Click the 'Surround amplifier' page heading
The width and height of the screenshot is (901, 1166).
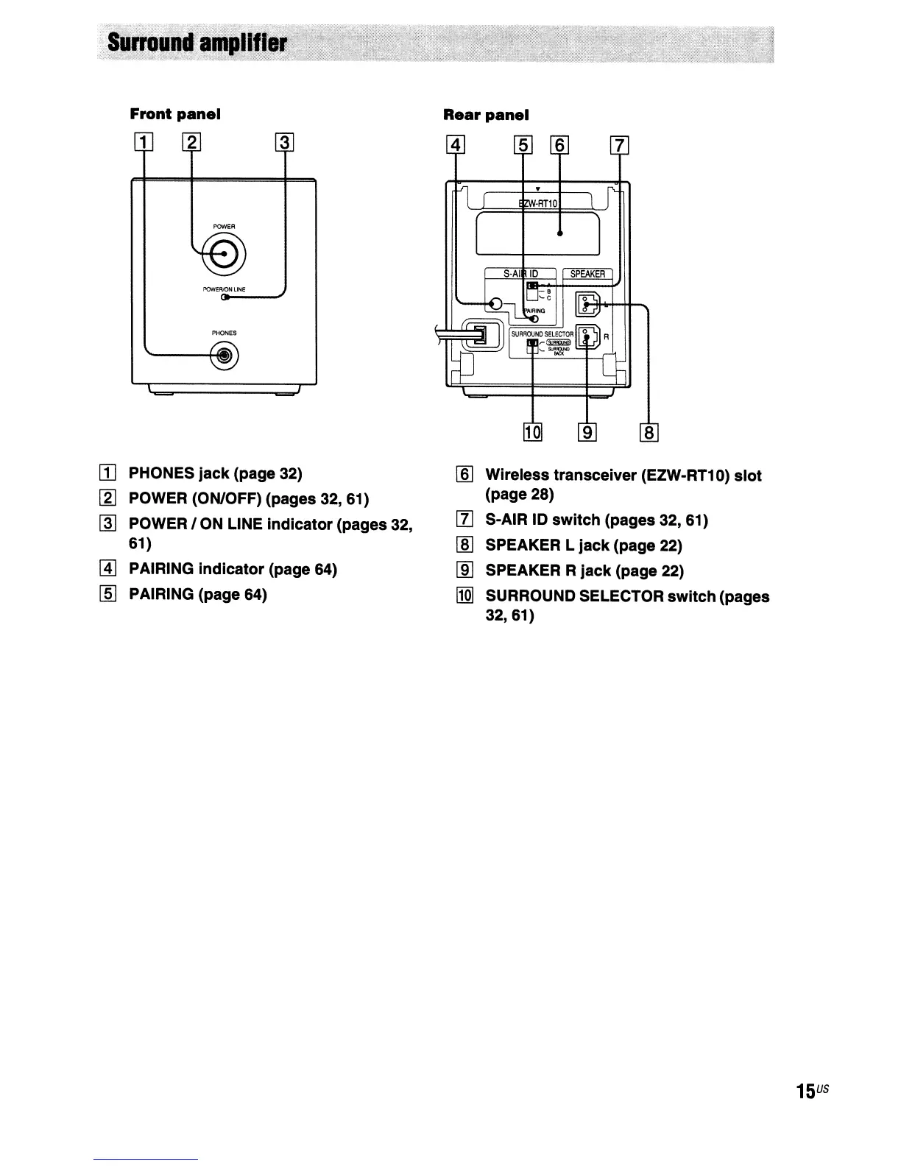[197, 43]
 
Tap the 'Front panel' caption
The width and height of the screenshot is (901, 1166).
[175, 114]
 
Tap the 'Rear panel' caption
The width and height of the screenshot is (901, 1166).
[486, 115]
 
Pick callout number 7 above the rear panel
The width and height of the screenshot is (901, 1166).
[620, 146]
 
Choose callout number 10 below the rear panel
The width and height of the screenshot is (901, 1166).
[532, 433]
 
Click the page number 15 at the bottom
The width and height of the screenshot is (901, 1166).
[805, 1091]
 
